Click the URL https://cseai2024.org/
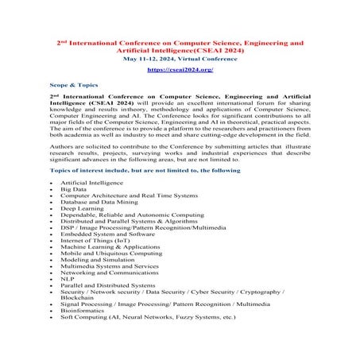coord(180,70)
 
